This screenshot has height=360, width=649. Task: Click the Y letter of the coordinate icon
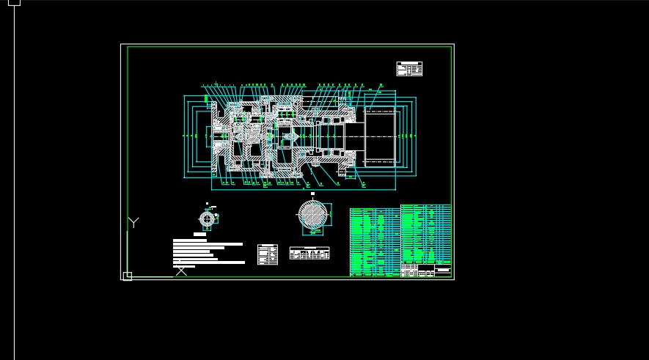click(x=133, y=222)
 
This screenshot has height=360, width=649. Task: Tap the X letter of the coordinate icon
click(x=181, y=271)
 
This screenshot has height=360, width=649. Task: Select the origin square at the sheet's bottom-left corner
click(x=127, y=276)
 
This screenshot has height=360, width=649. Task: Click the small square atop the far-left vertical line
click(x=14, y=2)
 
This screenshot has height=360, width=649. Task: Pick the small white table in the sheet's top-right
click(x=409, y=69)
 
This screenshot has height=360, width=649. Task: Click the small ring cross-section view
click(x=208, y=218)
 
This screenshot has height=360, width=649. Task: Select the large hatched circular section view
click(x=313, y=216)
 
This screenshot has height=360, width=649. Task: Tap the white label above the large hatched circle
click(x=313, y=194)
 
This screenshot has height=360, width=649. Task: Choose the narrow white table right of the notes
click(x=267, y=254)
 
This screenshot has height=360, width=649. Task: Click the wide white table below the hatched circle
click(x=309, y=253)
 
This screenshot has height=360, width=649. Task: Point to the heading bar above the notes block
click(x=199, y=235)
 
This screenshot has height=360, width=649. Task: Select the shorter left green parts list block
click(x=375, y=240)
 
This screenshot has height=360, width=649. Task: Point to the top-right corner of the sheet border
click(x=453, y=45)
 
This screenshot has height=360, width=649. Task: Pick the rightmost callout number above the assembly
click(x=381, y=85)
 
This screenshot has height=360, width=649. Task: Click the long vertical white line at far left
click(x=14, y=183)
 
